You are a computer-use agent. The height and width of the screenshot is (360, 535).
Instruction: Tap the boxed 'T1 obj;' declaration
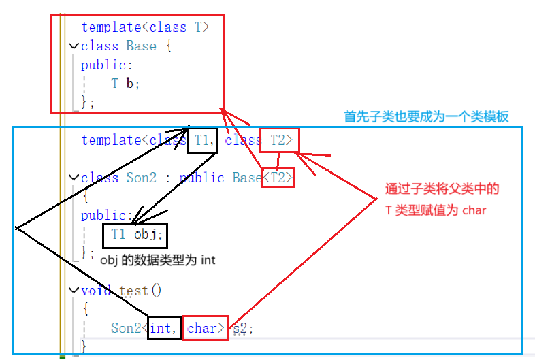point(137,235)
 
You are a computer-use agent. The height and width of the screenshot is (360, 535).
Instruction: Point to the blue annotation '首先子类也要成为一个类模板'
point(426,116)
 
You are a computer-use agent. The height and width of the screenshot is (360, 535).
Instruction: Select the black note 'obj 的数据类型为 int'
point(158,260)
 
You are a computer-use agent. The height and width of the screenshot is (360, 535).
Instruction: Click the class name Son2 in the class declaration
point(142,178)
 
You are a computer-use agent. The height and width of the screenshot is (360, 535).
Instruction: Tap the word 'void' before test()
point(96,291)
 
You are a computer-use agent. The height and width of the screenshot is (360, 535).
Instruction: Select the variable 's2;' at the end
point(242,327)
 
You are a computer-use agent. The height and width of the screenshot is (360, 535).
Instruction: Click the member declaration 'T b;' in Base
point(126,84)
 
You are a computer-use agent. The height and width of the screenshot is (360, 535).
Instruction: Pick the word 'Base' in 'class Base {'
point(142,46)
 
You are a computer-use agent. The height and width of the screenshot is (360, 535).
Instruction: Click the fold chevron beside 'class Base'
point(74,46)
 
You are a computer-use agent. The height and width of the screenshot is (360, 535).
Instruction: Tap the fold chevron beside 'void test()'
point(74,291)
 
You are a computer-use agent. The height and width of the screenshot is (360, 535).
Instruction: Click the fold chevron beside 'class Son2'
point(74,178)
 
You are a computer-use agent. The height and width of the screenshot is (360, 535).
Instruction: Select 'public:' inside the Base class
point(103,65)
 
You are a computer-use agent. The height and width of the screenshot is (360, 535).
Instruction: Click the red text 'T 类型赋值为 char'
point(436,210)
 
